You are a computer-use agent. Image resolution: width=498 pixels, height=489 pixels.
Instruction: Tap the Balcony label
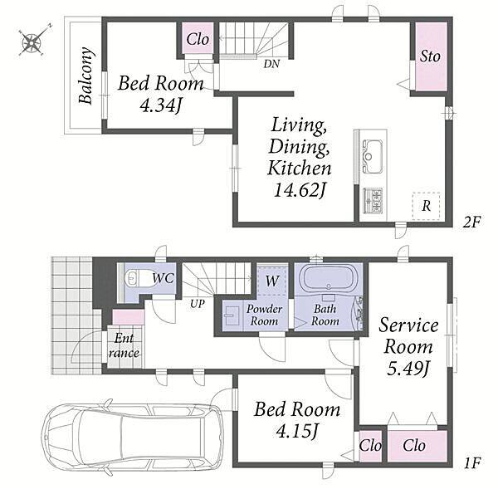tap(86, 76)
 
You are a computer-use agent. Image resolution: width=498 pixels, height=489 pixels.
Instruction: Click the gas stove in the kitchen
tap(373, 200)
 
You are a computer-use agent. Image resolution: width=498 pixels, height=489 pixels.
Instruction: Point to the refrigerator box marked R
tap(426, 206)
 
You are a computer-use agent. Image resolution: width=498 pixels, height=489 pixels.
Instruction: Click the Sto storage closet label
tap(430, 56)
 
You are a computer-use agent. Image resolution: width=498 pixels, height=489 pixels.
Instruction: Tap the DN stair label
tap(271, 64)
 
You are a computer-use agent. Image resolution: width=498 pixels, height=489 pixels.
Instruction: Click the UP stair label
tap(198, 304)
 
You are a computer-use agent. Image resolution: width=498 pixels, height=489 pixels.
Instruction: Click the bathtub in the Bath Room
tap(328, 276)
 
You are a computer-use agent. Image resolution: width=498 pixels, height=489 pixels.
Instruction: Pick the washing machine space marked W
tap(272, 281)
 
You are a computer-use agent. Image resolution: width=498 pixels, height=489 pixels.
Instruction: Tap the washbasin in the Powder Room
tap(232, 315)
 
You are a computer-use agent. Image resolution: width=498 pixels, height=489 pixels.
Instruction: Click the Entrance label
tap(124, 345)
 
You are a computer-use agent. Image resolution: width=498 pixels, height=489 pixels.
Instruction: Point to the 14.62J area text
tap(300, 190)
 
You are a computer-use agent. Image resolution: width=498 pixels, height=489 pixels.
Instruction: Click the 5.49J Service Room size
tap(408, 369)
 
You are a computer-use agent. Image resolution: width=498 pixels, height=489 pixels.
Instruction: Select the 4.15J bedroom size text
tap(297, 431)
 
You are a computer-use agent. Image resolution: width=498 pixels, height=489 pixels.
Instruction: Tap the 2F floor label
tap(471, 222)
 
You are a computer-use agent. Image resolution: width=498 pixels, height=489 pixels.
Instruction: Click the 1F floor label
tap(472, 463)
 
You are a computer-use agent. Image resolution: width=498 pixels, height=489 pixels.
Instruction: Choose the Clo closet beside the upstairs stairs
tap(198, 39)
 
